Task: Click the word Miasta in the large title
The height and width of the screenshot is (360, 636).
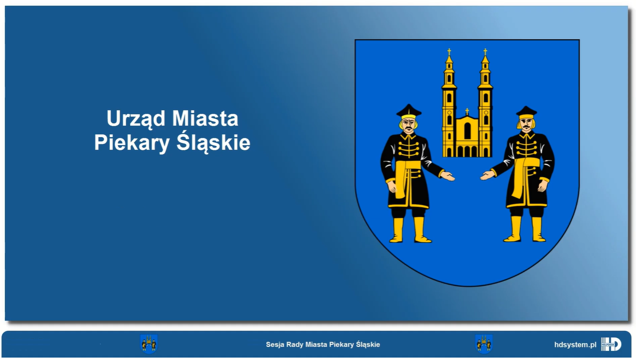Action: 205,118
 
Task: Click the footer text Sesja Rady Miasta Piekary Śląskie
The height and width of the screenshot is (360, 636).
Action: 323,345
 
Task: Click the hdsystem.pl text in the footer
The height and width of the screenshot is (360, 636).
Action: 575,345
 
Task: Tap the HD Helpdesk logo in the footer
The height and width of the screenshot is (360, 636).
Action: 611,344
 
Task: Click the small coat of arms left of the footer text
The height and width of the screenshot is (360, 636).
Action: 149,344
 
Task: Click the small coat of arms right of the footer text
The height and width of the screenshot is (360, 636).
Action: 484,344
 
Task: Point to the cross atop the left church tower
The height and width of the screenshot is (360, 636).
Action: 449,52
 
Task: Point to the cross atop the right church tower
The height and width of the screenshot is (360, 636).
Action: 485,52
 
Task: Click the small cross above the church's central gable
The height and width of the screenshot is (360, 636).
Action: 467,111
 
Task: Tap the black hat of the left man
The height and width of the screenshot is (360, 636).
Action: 409,111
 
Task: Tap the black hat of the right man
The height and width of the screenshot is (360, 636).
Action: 526,112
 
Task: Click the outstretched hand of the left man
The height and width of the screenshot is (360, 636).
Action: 448,176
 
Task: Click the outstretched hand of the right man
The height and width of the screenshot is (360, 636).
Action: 487,175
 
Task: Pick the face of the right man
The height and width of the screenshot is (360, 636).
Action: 526,125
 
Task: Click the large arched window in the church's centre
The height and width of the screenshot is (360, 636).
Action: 467,131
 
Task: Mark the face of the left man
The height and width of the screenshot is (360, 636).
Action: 409,125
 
